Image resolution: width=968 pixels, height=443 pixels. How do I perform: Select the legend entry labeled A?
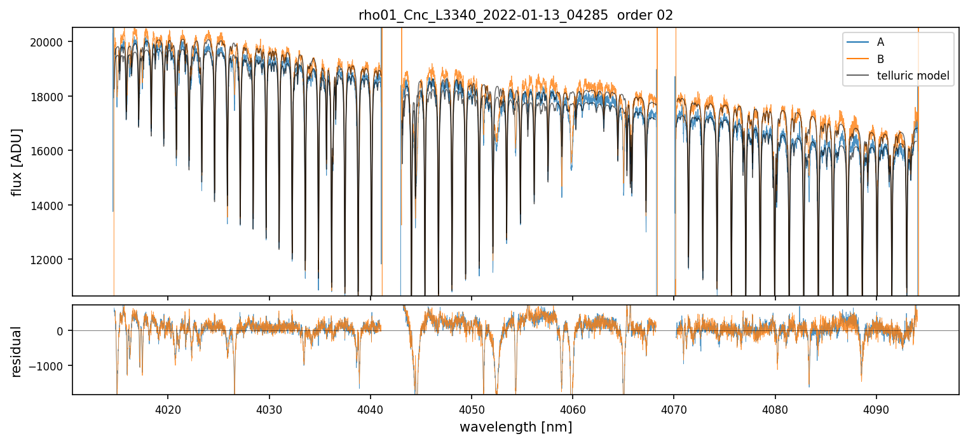tap(880, 42)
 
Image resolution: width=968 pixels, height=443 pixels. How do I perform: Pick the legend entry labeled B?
tap(880, 59)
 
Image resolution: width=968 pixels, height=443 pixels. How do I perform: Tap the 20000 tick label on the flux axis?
tap(50, 42)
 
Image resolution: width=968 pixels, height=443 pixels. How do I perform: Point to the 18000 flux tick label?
tap(50, 97)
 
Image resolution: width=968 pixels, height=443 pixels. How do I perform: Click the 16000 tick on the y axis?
tap(50, 151)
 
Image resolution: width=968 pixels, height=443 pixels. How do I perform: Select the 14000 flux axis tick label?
tap(50, 206)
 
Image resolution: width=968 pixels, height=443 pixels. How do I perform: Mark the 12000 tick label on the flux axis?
tap(50, 260)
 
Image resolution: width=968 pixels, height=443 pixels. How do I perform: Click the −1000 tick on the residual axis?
tap(50, 366)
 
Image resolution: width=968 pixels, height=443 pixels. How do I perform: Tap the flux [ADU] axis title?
tap(17, 162)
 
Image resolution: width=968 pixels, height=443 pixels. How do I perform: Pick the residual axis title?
tap(17, 351)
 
